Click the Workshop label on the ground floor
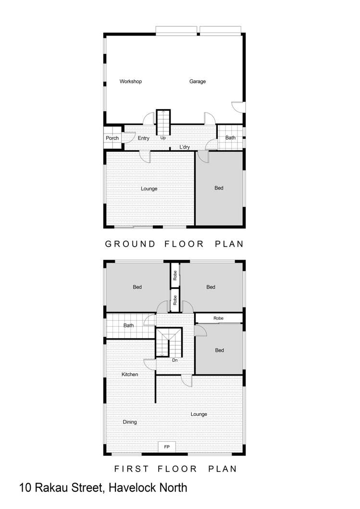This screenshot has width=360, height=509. [131, 82]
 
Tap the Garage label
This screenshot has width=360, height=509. [198, 82]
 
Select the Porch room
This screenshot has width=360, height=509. [112, 138]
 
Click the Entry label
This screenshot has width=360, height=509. [143, 138]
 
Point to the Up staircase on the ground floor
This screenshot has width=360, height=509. [163, 123]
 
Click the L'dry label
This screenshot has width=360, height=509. [185, 147]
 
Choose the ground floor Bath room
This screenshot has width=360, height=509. [230, 138]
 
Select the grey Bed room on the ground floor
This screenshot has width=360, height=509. [219, 188]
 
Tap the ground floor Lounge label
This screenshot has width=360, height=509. [149, 189]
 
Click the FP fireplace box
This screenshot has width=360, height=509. [167, 447]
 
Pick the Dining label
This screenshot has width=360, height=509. [130, 422]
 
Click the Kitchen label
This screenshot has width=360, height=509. [130, 374]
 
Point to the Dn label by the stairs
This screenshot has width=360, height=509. [175, 360]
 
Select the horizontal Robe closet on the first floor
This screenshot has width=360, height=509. [219, 318]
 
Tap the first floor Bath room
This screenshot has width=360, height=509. [129, 326]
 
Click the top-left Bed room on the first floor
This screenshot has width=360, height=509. [137, 287]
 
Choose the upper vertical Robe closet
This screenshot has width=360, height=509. [175, 275]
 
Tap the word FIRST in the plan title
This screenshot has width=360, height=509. [131, 469]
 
